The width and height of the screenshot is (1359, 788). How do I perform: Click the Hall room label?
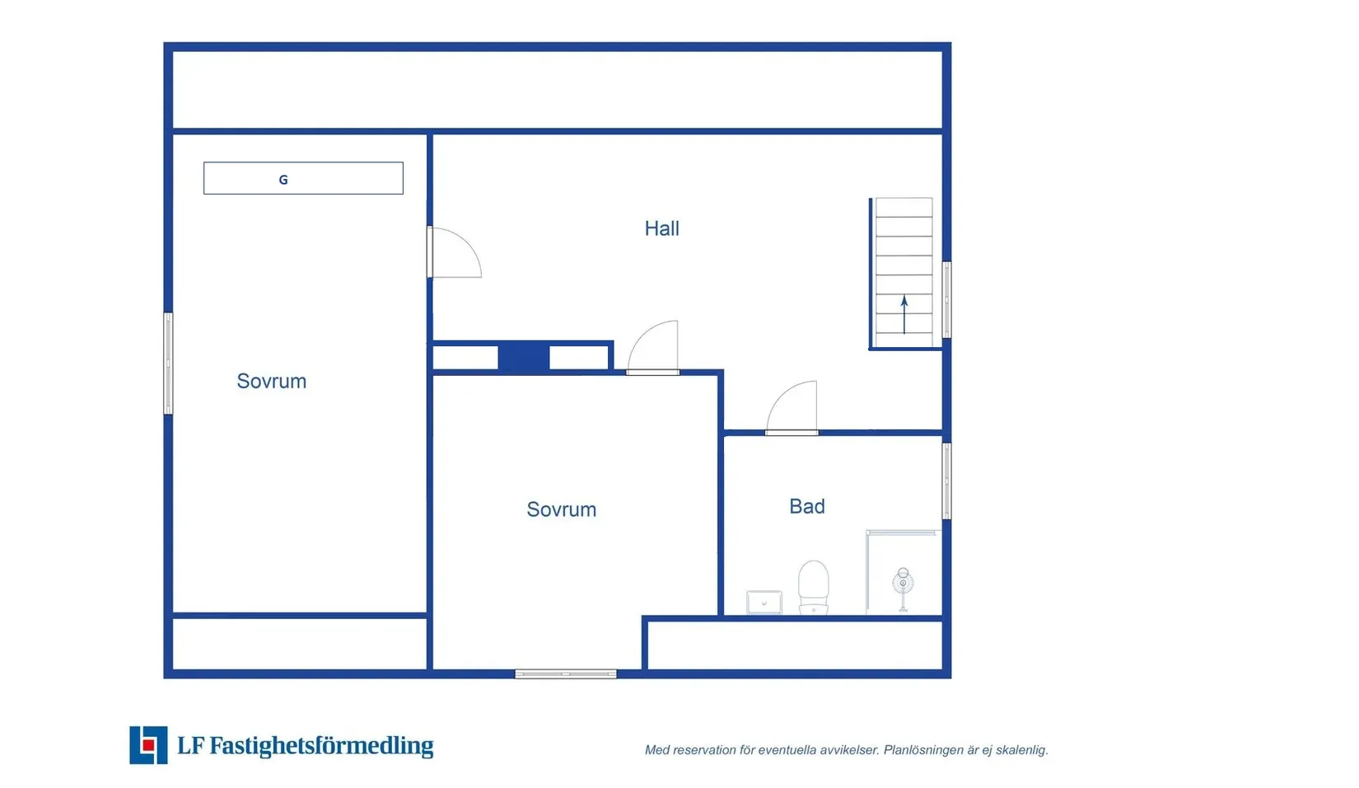[x=661, y=228]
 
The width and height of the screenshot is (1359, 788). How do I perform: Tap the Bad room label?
[x=807, y=506]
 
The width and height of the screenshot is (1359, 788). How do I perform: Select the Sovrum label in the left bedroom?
[x=271, y=382]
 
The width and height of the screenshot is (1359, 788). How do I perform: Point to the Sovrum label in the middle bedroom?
[x=561, y=509]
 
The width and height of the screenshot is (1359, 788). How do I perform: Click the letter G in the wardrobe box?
[x=283, y=180]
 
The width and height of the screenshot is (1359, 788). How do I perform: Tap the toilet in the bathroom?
[x=813, y=587]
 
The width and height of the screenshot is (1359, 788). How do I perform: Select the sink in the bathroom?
[x=764, y=603]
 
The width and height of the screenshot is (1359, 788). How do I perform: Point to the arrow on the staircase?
[x=904, y=315]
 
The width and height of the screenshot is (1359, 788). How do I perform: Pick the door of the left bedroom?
[x=454, y=252]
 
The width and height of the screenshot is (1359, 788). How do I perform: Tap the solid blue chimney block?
[x=524, y=357]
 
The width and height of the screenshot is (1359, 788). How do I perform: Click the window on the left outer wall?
[x=168, y=364]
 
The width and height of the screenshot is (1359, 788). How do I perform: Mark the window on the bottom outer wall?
[x=566, y=674]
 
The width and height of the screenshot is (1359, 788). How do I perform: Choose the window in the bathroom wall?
[x=946, y=481]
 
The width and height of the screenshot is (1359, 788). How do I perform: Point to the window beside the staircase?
[x=946, y=300]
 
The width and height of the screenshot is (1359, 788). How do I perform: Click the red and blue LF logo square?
[x=148, y=745]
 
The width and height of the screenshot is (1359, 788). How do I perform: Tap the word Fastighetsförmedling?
[x=321, y=746]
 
